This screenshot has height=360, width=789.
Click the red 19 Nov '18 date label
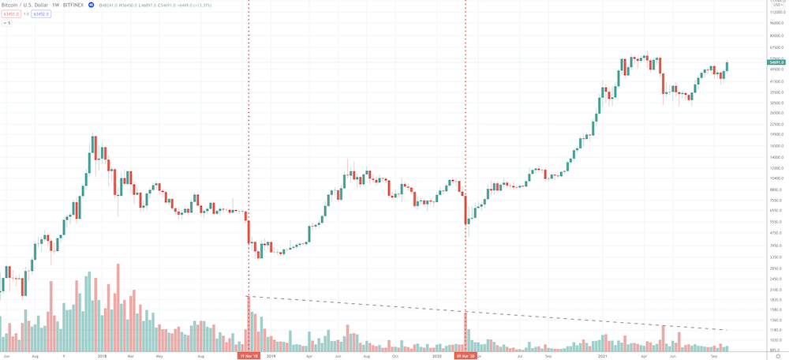(x=249, y=356)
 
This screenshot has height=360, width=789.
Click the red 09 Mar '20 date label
(x=466, y=356)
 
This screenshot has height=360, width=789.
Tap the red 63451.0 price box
(x=10, y=13)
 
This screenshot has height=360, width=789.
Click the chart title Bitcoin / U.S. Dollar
(x=24, y=5)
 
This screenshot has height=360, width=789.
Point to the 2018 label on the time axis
(x=102, y=356)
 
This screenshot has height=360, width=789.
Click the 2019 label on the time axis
(x=271, y=356)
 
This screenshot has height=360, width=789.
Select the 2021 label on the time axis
(x=604, y=356)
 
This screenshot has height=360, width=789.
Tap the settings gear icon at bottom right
(x=778, y=356)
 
